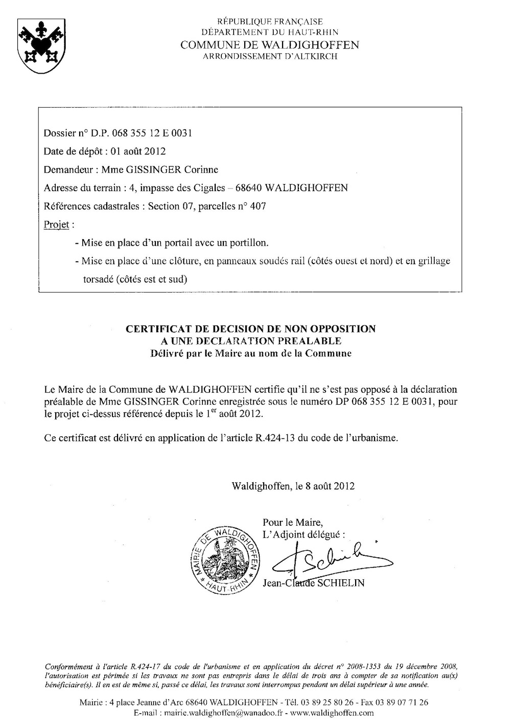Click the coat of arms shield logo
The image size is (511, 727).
pyautogui.click(x=38, y=45)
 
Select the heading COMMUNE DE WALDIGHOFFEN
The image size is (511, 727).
pyautogui.click(x=270, y=45)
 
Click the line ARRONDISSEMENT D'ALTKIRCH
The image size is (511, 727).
pyautogui.click(x=270, y=56)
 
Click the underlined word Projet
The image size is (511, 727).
pyautogui.click(x=56, y=225)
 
